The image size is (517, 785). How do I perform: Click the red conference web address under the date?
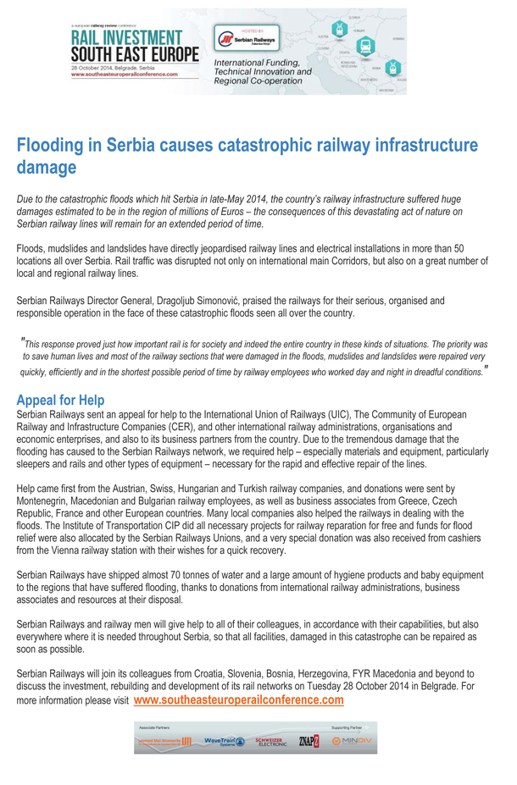pyautogui.click(x=125, y=74)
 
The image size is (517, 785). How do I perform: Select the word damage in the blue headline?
pyautogui.click(x=47, y=168)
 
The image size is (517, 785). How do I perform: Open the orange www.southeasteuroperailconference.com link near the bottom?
pyautogui.click(x=238, y=700)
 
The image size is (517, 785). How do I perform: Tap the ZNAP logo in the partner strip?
pyautogui.click(x=309, y=741)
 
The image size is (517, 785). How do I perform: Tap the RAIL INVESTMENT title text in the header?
pyautogui.click(x=125, y=38)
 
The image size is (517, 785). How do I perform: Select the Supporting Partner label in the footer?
pyautogui.click(x=346, y=727)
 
